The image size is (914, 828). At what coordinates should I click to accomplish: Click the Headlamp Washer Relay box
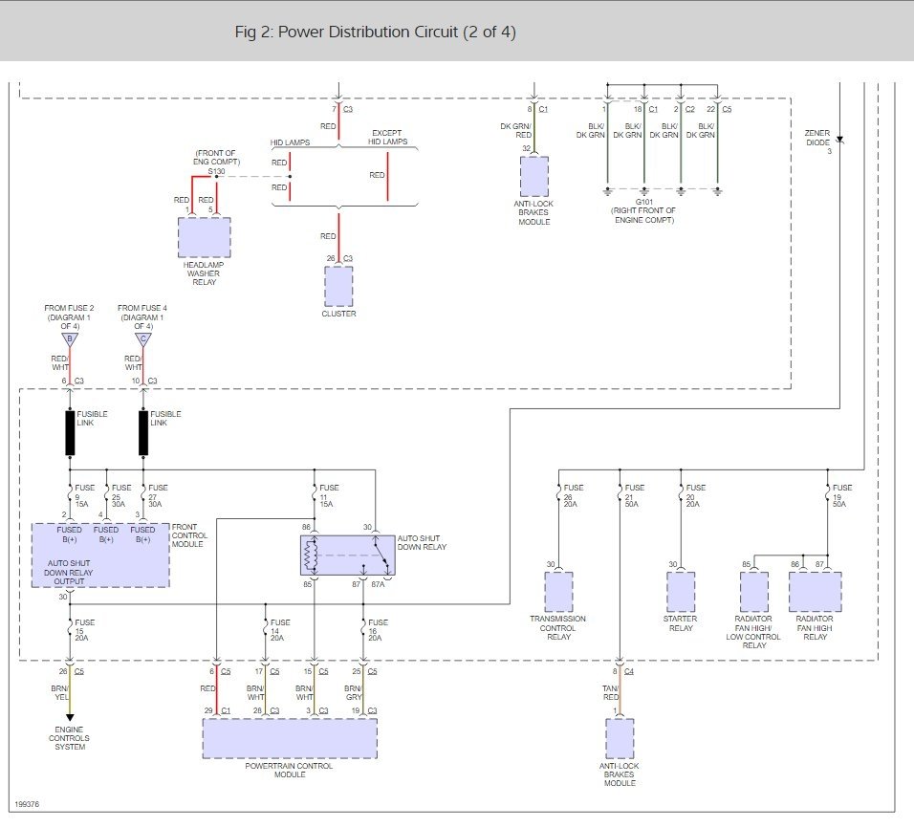[x=204, y=237]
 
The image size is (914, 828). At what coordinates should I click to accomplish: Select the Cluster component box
[x=338, y=286]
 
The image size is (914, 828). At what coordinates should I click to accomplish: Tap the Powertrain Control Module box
[x=290, y=738]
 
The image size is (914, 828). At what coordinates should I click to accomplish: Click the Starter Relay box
[x=681, y=592]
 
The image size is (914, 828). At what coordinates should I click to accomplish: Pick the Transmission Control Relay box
[x=558, y=592]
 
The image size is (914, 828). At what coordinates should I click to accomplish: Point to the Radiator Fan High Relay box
[x=815, y=592]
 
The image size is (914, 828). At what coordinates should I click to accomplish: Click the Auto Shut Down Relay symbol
[x=348, y=556]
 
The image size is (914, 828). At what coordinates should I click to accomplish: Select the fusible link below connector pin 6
[x=70, y=433]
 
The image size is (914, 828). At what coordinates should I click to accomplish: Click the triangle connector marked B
[x=70, y=339]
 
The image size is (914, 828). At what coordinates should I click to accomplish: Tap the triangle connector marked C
[x=143, y=339]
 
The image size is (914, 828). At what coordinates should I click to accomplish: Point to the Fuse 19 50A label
[x=841, y=495]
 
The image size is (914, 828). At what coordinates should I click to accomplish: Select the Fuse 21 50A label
[x=634, y=495]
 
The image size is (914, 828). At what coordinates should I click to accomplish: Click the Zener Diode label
[x=817, y=138]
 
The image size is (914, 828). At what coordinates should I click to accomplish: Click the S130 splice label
[x=216, y=171]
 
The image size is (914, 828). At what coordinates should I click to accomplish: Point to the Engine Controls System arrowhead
[x=70, y=717]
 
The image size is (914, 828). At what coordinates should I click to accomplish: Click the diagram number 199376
[x=27, y=804]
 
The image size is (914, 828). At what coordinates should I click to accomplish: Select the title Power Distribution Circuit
[x=368, y=33]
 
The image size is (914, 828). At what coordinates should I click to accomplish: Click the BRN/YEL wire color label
[x=60, y=693]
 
